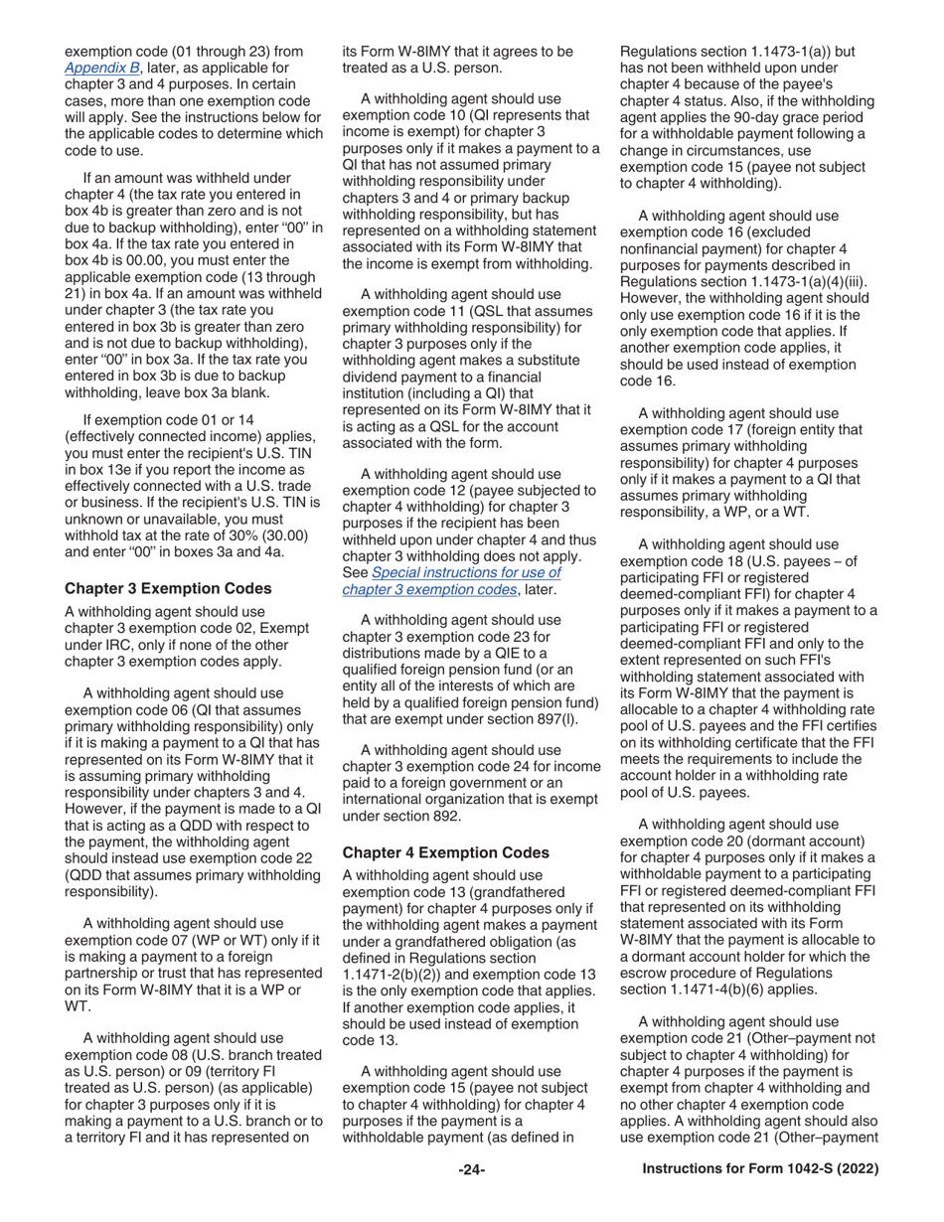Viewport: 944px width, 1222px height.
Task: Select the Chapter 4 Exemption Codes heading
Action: click(444, 852)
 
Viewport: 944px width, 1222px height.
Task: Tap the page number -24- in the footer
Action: click(471, 1170)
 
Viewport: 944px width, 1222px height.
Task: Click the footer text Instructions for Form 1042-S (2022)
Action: click(760, 1170)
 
